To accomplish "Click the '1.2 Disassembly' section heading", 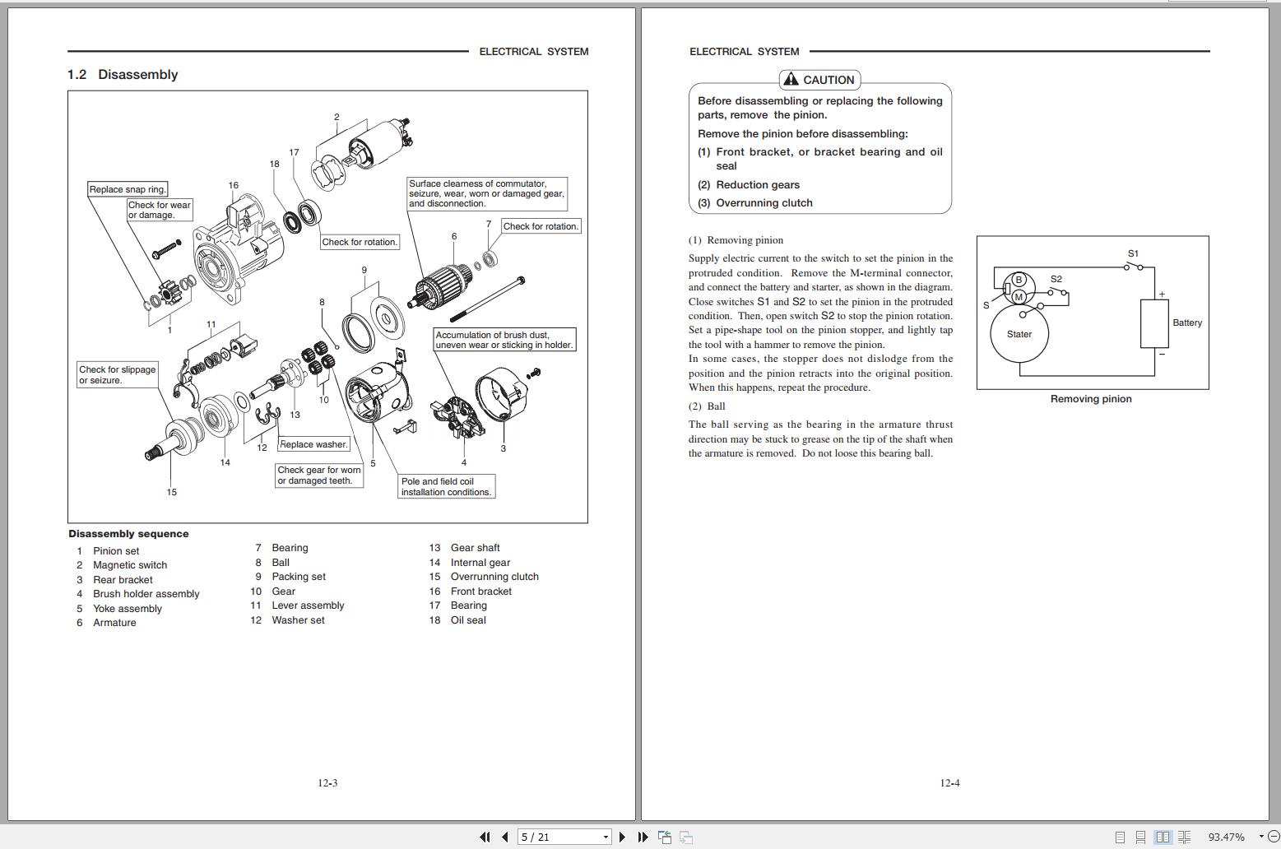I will pyautogui.click(x=123, y=75).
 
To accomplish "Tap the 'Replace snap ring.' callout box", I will pyautogui.click(x=128, y=189).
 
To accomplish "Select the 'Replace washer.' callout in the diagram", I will pyautogui.click(x=313, y=444).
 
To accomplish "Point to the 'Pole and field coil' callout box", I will pyautogui.click(x=446, y=487).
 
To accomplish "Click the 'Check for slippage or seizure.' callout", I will pyautogui.click(x=118, y=375).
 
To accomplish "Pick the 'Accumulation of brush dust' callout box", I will pyautogui.click(x=504, y=340).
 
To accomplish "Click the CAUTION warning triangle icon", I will pyautogui.click(x=791, y=79).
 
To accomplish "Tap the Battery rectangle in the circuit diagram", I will pyautogui.click(x=1154, y=323).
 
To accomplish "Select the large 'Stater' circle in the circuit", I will pyautogui.click(x=1019, y=334).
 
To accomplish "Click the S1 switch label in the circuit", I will pyautogui.click(x=1133, y=253).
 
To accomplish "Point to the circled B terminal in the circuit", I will pyautogui.click(x=1019, y=281).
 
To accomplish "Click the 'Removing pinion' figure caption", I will pyautogui.click(x=1091, y=399).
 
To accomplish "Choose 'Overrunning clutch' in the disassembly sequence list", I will pyautogui.click(x=494, y=577).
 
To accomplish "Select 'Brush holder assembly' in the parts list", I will pyautogui.click(x=146, y=594).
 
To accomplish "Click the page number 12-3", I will pyautogui.click(x=327, y=783).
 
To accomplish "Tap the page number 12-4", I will pyautogui.click(x=949, y=783).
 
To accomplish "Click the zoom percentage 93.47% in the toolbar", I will pyautogui.click(x=1226, y=837).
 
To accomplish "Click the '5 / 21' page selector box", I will pyautogui.click(x=564, y=837).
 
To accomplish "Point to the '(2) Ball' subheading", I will pyautogui.click(x=707, y=406).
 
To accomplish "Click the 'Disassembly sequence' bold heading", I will pyautogui.click(x=128, y=534).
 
